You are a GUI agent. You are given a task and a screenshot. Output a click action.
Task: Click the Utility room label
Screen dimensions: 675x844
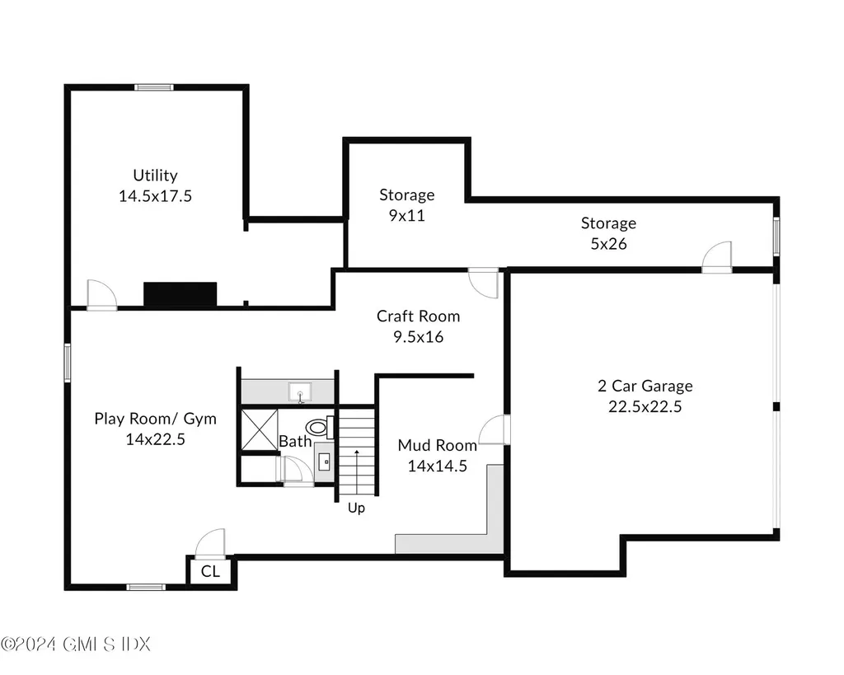pos(155,176)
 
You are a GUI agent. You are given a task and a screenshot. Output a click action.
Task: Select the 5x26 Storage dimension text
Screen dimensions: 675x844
pos(608,243)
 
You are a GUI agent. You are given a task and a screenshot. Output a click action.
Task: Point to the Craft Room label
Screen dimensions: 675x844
pos(418,316)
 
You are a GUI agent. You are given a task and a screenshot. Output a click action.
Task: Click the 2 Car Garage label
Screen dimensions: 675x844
pos(645,386)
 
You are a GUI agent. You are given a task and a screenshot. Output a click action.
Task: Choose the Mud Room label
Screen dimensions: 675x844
pos(437,446)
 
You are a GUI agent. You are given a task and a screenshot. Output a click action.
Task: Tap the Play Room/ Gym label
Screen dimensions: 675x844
pos(155,419)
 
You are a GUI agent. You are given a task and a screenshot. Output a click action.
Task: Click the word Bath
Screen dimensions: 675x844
pos(294,441)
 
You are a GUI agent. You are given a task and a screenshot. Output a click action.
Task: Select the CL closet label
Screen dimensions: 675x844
pos(210,571)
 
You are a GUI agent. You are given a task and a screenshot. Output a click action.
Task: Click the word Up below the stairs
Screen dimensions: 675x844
pos(356,509)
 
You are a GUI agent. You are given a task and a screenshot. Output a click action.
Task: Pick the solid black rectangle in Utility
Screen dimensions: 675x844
pos(180,294)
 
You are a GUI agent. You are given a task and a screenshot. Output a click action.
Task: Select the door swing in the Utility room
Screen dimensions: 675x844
pos(101,294)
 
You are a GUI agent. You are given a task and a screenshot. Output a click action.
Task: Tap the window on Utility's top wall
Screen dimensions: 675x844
pos(154,87)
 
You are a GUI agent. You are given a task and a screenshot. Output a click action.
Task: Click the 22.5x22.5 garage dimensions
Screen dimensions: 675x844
pos(645,406)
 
